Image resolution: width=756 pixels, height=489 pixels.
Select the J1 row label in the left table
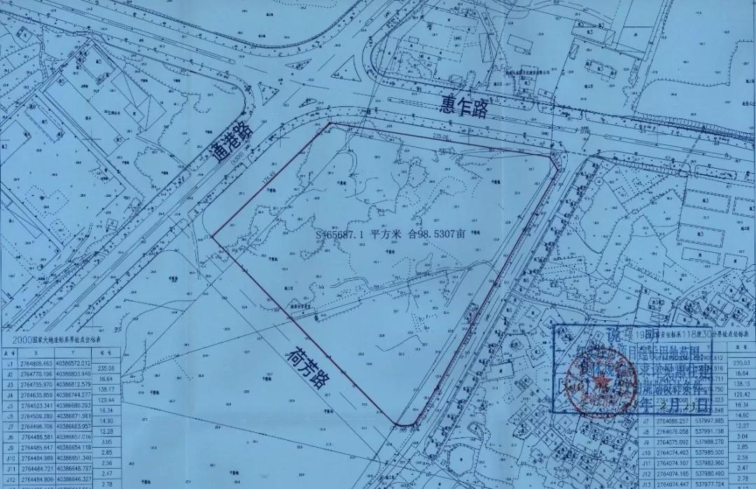pos(10,364)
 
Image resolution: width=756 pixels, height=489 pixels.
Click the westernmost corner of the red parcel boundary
pos(211,235)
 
